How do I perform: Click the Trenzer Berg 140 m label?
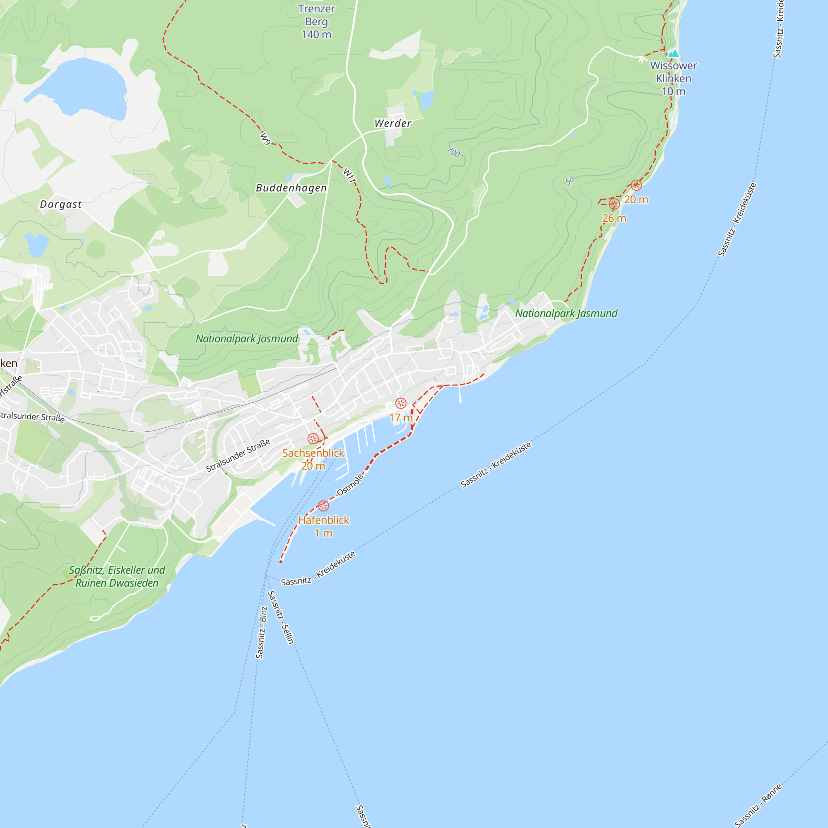[316, 22]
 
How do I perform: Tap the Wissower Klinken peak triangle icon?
[673, 53]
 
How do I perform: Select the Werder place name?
[392, 123]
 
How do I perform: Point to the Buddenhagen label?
[291, 188]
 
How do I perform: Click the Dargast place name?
[60, 204]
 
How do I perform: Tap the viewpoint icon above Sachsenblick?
[313, 438]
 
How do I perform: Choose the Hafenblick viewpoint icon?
[323, 506]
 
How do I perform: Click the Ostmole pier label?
[350, 485]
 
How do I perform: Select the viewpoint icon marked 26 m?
[614, 204]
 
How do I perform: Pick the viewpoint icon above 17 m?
[401, 403]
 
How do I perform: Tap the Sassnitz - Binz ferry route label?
[261, 632]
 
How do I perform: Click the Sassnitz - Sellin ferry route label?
[281, 617]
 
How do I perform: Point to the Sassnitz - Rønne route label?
[758, 805]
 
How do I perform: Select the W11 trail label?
[349, 175]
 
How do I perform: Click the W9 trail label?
[266, 138]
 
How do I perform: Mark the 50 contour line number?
[569, 181]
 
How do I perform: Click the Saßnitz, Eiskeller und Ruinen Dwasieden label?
[117, 576]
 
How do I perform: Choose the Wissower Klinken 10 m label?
[673, 78]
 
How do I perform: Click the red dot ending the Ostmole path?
[281, 561]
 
